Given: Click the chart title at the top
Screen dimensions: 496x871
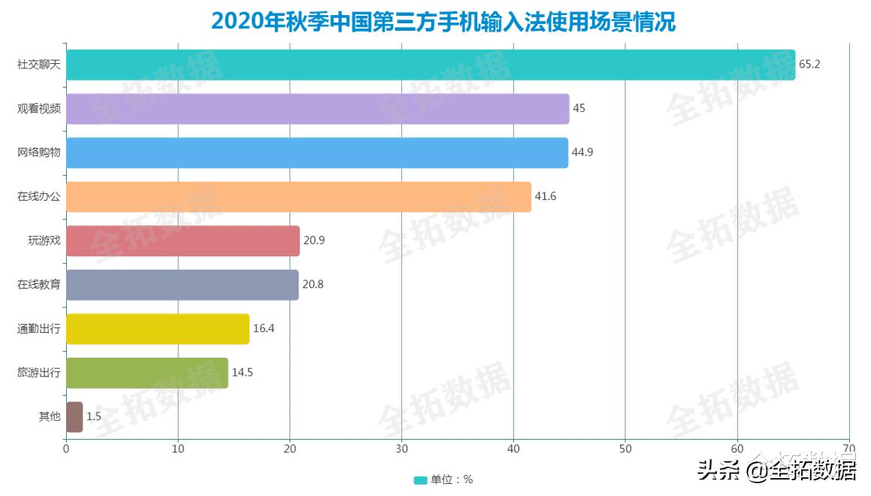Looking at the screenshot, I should tap(443, 21).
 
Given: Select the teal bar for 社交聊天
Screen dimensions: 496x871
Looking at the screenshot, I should tap(431, 65).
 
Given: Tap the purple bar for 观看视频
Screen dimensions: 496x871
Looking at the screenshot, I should tap(318, 108).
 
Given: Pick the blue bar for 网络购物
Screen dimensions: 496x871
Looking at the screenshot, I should tap(317, 153).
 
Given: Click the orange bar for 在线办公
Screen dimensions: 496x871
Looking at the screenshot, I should tap(299, 197).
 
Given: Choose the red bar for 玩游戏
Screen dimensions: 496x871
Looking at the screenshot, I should tap(183, 240).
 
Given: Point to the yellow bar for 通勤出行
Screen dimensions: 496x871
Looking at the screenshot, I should tap(158, 328).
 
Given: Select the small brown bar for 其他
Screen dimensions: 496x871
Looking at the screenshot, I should tap(74, 416).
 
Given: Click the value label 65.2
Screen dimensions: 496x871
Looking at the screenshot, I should tap(809, 65).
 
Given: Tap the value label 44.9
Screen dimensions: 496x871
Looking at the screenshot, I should tap(583, 153).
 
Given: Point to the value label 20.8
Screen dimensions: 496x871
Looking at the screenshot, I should tap(313, 285).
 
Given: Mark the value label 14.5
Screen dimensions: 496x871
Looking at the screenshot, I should tap(242, 373).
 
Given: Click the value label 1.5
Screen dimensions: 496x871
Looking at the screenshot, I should tap(94, 416).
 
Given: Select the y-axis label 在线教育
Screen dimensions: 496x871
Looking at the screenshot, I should tap(39, 285).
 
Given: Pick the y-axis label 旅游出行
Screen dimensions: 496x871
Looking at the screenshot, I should tap(39, 373).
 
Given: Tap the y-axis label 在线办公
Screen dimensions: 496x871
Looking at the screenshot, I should tap(39, 197).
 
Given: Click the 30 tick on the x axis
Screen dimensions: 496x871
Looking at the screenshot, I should tap(401, 449).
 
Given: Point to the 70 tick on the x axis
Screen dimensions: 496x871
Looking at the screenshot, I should tap(849, 449).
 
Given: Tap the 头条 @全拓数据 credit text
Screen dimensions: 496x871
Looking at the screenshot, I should tap(776, 471).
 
